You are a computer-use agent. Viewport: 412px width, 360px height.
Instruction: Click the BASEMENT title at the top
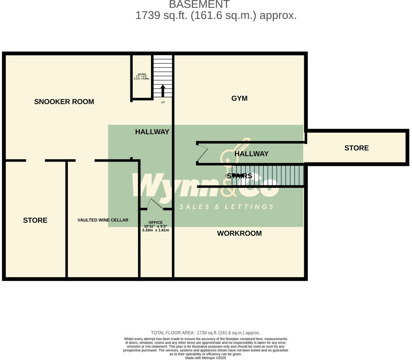pyautogui.click(x=199, y=4)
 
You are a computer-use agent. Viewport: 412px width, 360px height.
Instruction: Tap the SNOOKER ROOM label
pyautogui.click(x=64, y=102)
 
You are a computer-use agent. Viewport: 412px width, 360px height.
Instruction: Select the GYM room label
pyautogui.click(x=239, y=99)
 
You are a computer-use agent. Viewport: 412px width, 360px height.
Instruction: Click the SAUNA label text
pyautogui.click(x=142, y=74)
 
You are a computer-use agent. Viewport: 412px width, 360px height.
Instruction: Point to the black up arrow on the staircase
pyautogui.click(x=163, y=90)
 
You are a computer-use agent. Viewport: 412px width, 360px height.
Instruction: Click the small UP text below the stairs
pyautogui.click(x=163, y=102)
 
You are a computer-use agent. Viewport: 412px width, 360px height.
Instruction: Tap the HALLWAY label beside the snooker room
pyautogui.click(x=152, y=132)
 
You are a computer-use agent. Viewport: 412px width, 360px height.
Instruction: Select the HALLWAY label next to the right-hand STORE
pyautogui.click(x=251, y=154)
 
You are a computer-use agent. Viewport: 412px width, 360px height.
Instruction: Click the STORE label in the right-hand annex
pyautogui.click(x=356, y=148)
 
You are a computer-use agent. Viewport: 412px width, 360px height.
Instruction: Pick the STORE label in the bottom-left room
pyautogui.click(x=35, y=220)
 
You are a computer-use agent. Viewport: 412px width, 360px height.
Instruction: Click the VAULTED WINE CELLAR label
pyautogui.click(x=103, y=220)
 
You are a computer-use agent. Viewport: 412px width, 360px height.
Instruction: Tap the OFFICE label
pyautogui.click(x=156, y=222)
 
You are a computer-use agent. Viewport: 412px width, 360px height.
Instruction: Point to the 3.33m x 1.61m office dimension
pyautogui.click(x=156, y=230)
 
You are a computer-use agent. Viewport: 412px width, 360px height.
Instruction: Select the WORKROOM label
pyautogui.click(x=239, y=234)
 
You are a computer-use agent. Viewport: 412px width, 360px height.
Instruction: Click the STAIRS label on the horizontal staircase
pyautogui.click(x=239, y=176)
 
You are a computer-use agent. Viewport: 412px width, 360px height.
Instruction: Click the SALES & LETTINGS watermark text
pyautogui.click(x=226, y=207)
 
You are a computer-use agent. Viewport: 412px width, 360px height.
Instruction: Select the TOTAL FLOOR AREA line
pyautogui.click(x=206, y=333)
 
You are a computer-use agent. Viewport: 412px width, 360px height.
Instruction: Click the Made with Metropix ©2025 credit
pyautogui.click(x=206, y=358)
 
